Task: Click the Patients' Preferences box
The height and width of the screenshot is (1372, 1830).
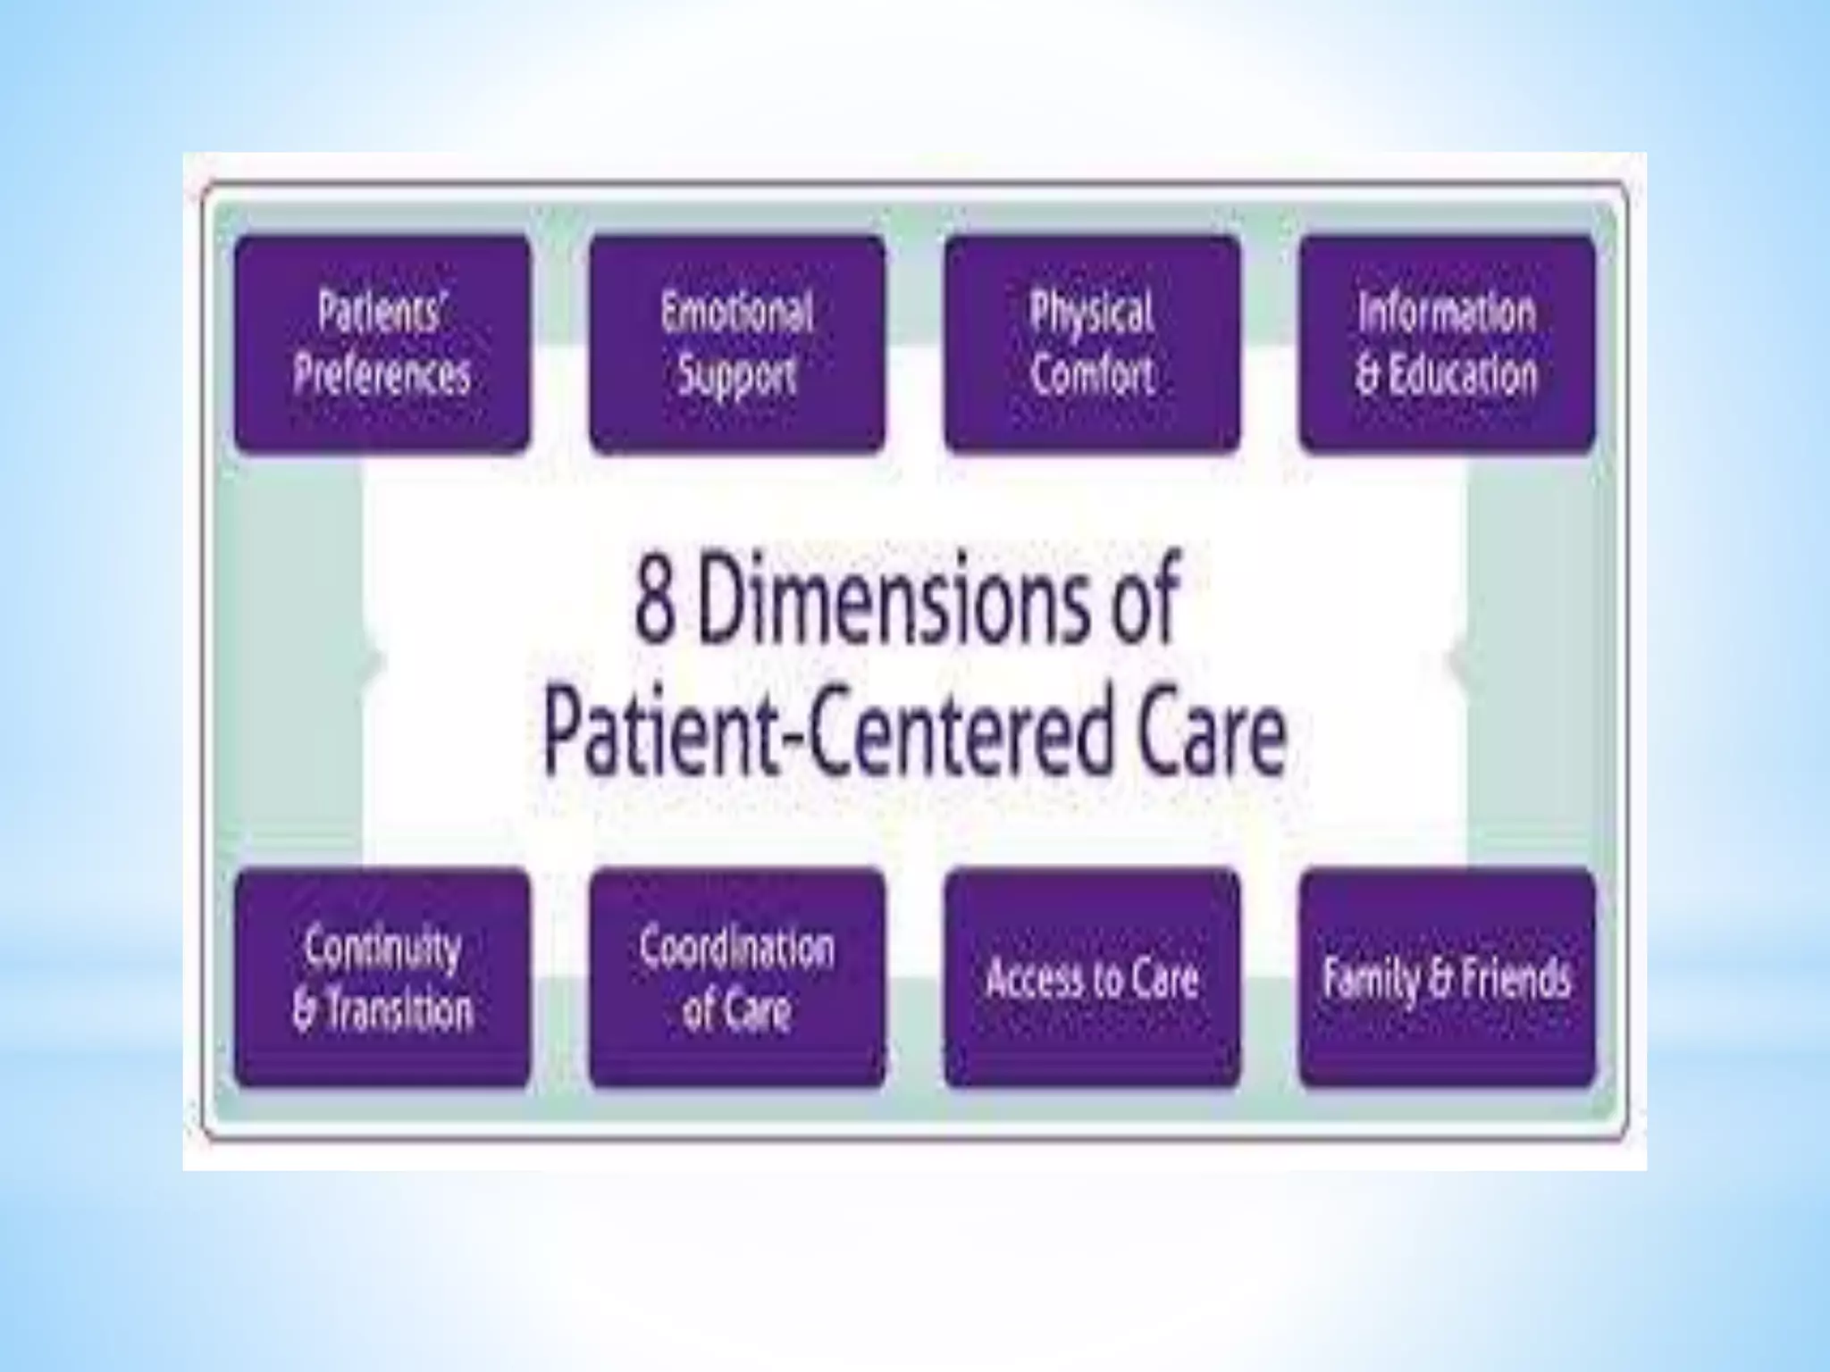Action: (x=382, y=344)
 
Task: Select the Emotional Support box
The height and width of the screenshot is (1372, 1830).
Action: (x=737, y=344)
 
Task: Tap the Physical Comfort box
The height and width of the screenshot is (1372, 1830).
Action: (x=1092, y=344)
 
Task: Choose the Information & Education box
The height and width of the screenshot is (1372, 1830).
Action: (x=1447, y=344)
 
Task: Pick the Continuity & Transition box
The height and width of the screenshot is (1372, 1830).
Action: (x=382, y=978)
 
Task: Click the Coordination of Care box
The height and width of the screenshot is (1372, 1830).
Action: (x=737, y=978)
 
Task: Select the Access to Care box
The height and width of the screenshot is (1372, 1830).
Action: (x=1092, y=978)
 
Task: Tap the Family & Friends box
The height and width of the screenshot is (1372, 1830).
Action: (x=1447, y=978)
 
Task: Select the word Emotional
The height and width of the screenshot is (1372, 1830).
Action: (x=737, y=313)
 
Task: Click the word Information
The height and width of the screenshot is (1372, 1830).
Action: (x=1447, y=313)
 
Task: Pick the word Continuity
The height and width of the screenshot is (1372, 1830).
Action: (x=382, y=949)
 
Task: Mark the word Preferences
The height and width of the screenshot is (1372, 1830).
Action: (x=382, y=375)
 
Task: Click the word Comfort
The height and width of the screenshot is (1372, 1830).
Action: (x=1092, y=375)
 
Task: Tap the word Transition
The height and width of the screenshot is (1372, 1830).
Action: (x=397, y=1011)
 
